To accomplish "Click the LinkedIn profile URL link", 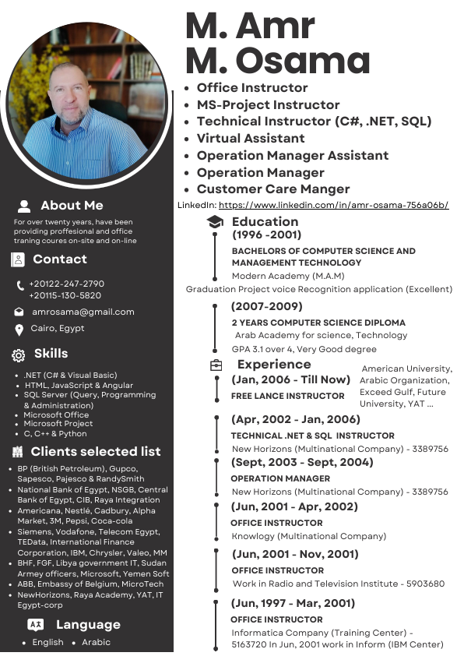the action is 333,205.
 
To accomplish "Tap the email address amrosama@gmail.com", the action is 83,312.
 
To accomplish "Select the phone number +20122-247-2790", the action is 66,284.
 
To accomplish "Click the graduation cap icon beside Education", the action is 215,223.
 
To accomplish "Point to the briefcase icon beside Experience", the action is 216,365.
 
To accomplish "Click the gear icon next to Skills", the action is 19,355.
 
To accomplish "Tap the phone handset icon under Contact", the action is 19,286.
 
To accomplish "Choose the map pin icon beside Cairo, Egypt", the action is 19,330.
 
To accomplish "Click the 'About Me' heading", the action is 72,206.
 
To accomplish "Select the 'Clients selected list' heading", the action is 96,452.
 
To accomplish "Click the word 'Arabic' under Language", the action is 97,643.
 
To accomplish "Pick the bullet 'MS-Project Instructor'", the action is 268,104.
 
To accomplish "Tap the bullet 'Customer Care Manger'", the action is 273,189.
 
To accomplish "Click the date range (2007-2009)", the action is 267,306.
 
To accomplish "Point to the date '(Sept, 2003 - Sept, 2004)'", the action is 302,462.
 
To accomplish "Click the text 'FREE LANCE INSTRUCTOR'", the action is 288,396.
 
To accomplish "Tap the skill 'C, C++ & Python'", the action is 55,434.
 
